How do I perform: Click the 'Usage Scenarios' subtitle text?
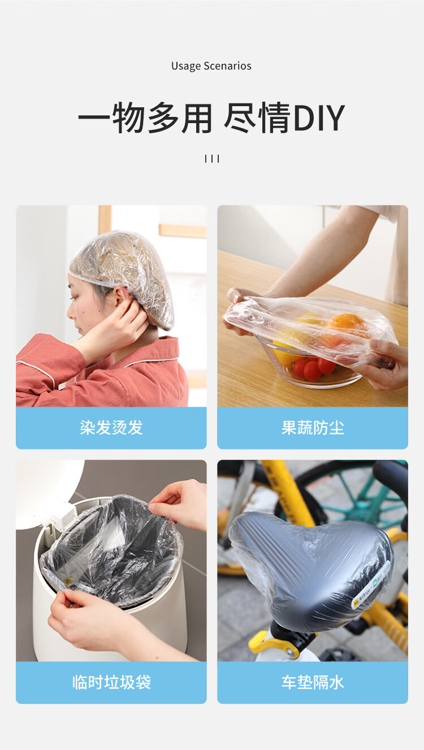coord(211,66)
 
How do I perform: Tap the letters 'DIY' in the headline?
coord(319,118)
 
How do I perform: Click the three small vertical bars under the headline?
coord(212,159)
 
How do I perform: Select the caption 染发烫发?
coord(111,428)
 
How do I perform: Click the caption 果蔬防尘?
coord(313,428)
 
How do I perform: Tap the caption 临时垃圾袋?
coord(111,682)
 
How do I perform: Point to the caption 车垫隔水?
coord(313,682)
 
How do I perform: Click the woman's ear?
coord(122,296)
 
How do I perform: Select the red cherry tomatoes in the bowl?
coord(314,368)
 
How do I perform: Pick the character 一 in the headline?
coord(94,118)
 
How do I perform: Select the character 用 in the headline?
coord(197,118)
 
